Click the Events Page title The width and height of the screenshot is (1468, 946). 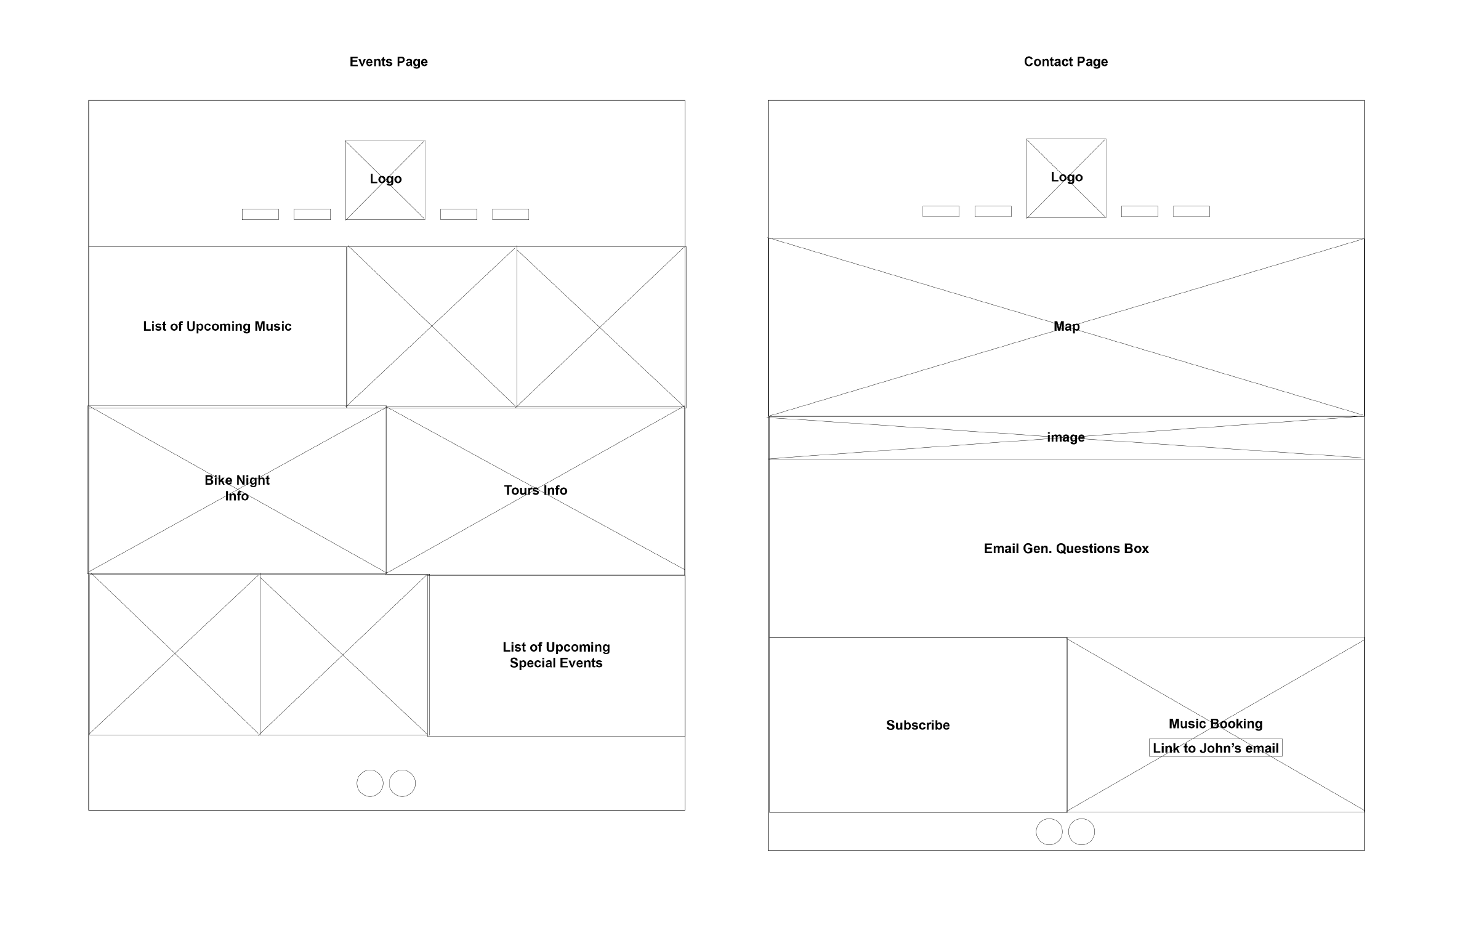(x=388, y=62)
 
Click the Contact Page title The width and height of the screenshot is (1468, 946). (x=1065, y=62)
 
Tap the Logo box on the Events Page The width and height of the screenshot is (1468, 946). (x=385, y=179)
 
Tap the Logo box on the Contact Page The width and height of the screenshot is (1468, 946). (x=1066, y=178)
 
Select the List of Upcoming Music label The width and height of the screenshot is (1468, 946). (x=217, y=326)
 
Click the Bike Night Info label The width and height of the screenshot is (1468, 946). (x=237, y=488)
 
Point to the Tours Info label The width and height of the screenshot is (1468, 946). (x=535, y=490)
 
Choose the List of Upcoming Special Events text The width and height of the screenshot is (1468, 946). (x=556, y=655)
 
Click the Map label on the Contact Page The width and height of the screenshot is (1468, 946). (x=1066, y=326)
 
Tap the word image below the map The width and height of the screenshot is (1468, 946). (x=1065, y=437)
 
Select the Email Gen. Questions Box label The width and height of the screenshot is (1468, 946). (x=1066, y=549)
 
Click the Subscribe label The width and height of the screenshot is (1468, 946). (x=917, y=726)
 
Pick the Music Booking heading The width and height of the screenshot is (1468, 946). (x=1215, y=724)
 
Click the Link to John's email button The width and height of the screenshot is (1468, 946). (x=1215, y=748)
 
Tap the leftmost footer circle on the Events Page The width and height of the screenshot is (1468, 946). (x=370, y=783)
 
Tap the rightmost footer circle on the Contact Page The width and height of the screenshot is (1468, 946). (x=1081, y=832)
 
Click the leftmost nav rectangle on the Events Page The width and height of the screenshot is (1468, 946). (x=260, y=214)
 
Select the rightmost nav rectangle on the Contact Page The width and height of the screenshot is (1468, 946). (x=1191, y=211)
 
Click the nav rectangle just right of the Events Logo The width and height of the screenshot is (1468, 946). (x=459, y=214)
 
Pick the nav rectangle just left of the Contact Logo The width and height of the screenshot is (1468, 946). (x=993, y=211)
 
